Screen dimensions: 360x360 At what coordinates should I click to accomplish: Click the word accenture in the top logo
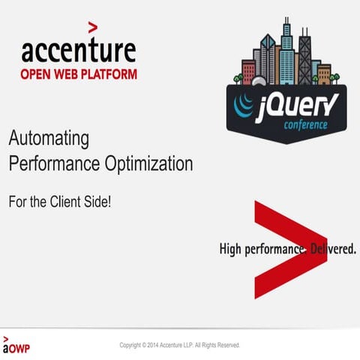pos(78,51)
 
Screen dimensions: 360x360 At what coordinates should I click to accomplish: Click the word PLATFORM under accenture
pos(111,74)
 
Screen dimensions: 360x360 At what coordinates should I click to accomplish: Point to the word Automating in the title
pos(49,139)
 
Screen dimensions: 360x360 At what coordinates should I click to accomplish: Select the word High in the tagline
pos(231,248)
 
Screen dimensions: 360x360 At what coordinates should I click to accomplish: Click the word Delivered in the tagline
pos(331,248)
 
